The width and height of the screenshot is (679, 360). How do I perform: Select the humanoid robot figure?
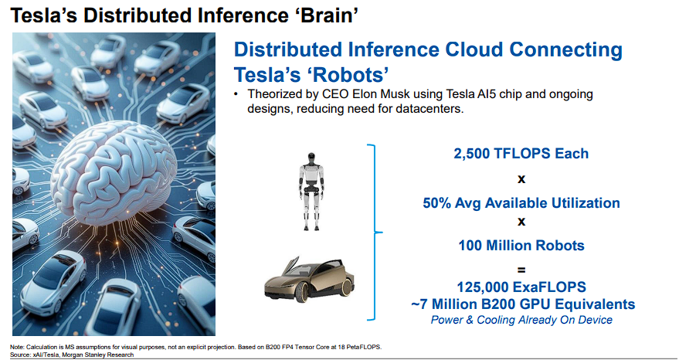point(311,191)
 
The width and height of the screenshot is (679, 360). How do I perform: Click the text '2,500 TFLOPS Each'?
point(521,154)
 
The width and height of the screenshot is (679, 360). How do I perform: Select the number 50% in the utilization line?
point(436,202)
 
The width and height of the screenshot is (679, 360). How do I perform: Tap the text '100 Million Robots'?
point(521,245)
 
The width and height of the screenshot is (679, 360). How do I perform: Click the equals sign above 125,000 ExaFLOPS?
point(521,270)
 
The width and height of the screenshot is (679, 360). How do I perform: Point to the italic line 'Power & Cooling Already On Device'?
point(521,320)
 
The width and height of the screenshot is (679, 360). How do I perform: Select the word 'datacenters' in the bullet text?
point(429,108)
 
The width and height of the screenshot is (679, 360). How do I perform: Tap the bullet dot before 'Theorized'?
point(236,94)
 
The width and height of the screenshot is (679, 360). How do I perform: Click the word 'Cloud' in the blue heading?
point(474,49)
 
